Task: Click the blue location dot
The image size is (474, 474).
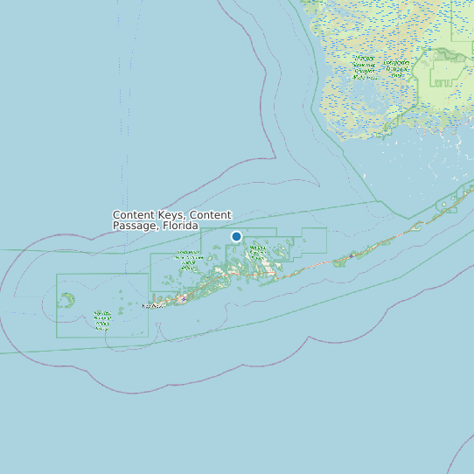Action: (236, 236)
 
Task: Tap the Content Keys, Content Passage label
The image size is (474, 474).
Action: (171, 220)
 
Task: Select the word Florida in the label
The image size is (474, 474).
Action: (179, 226)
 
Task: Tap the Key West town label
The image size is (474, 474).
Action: (154, 306)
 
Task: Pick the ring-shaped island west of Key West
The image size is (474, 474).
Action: (67, 299)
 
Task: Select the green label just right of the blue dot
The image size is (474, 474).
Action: (258, 250)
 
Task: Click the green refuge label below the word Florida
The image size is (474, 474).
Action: (187, 255)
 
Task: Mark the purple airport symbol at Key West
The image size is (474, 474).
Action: (183, 298)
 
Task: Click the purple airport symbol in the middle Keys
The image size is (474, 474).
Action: (352, 255)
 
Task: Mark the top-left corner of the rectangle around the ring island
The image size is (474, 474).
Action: (58, 275)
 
